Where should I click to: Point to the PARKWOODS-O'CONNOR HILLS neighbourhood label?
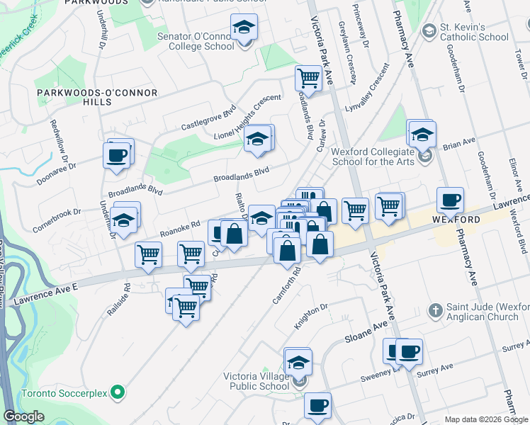(x=76, y=97)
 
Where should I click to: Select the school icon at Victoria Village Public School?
(x=298, y=362)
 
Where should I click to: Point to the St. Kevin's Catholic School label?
(x=474, y=33)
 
